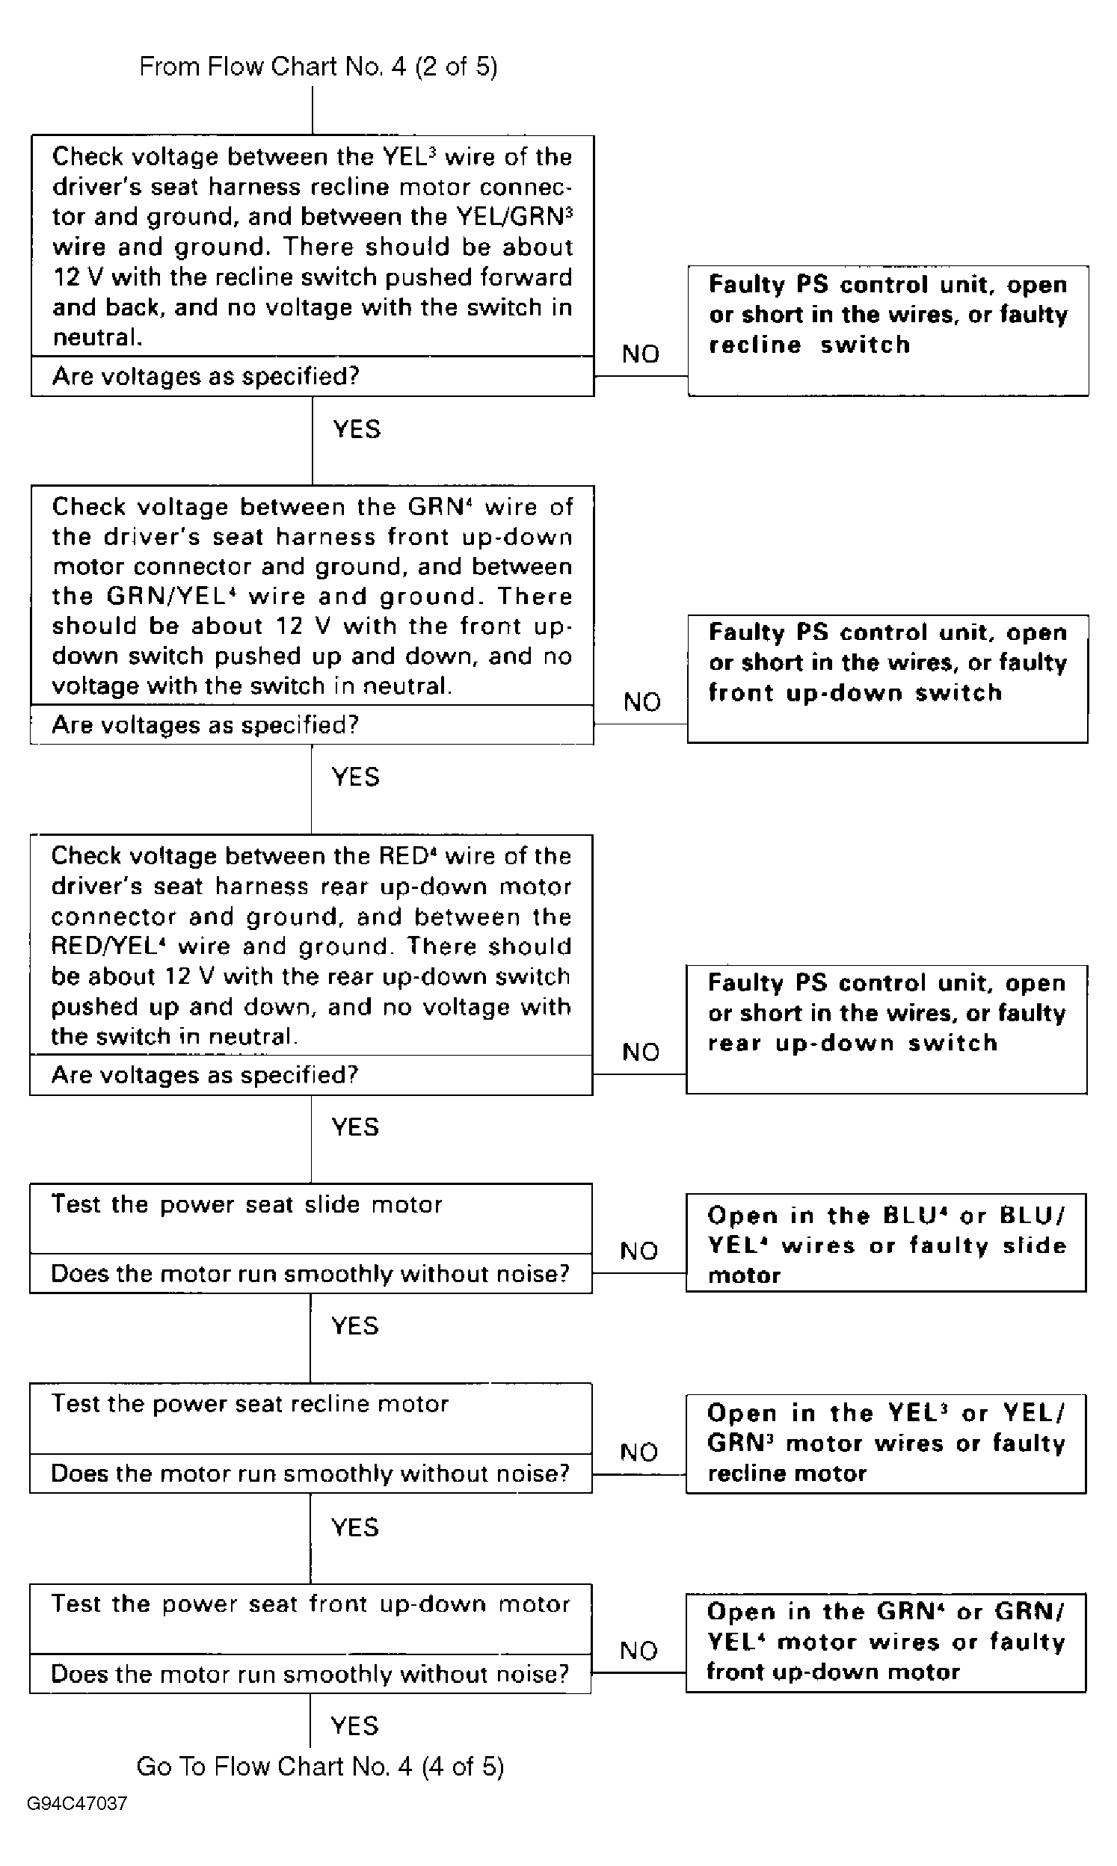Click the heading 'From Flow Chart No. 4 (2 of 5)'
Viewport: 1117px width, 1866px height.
click(319, 67)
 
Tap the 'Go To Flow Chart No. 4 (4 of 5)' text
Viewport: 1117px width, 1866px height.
click(320, 1766)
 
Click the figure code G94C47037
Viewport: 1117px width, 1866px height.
click(77, 1803)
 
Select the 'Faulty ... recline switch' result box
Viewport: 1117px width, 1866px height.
click(887, 330)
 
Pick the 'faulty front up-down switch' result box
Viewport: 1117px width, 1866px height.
click(887, 678)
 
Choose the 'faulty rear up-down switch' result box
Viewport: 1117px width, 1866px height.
click(886, 1029)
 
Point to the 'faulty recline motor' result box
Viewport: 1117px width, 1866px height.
click(886, 1443)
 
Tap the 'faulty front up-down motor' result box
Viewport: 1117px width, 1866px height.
click(886, 1642)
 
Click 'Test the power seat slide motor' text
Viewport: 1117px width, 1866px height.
click(246, 1204)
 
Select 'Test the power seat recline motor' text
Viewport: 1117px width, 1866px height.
click(250, 1404)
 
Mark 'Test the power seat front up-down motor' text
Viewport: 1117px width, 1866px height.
click(310, 1604)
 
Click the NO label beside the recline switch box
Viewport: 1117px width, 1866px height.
click(641, 354)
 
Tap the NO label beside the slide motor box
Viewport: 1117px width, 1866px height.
click(639, 1251)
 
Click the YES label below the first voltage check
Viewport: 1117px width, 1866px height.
click(357, 429)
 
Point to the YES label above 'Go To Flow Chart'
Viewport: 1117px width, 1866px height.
click(354, 1725)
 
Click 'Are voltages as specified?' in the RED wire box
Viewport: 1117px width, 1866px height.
click(205, 1074)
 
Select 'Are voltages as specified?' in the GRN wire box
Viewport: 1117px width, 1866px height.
click(205, 724)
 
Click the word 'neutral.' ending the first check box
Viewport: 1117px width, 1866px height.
click(97, 337)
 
